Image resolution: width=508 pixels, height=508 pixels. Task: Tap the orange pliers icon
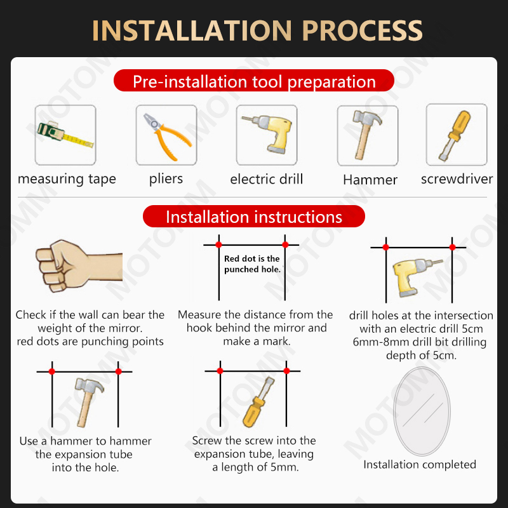click(166, 137)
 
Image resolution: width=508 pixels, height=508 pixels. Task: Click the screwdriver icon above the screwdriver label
click(455, 135)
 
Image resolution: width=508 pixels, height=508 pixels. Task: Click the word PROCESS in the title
click(362, 30)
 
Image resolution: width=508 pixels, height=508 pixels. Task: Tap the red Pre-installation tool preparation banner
click(254, 81)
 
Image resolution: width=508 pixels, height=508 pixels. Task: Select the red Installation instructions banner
click(254, 216)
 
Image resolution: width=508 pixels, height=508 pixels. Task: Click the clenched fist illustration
click(79, 265)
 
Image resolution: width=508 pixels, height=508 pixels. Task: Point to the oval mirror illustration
click(422, 411)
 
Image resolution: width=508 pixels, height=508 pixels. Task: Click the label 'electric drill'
click(267, 179)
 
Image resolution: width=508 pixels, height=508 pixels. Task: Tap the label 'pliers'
click(166, 179)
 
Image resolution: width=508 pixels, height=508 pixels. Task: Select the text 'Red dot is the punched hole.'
click(252, 264)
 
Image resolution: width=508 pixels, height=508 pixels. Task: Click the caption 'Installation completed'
click(420, 465)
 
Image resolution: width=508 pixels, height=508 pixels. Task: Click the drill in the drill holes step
click(417, 277)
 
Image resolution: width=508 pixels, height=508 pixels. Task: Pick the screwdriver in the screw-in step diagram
click(258, 402)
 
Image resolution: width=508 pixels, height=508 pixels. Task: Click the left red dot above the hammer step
click(52, 371)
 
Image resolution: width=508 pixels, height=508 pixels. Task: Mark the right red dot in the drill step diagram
click(452, 247)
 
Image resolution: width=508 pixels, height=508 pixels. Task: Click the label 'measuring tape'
click(67, 179)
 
